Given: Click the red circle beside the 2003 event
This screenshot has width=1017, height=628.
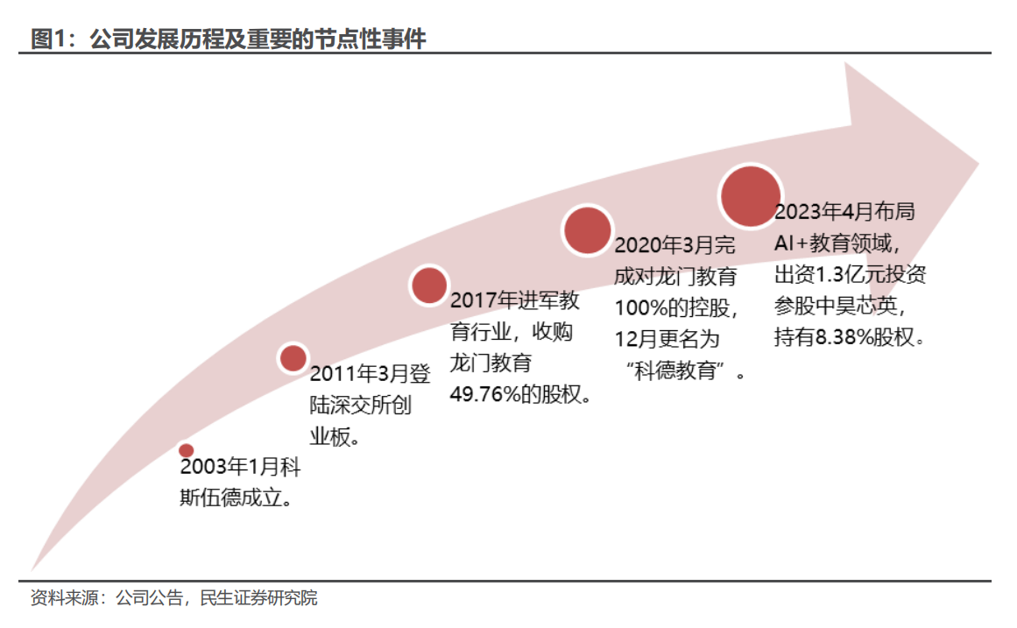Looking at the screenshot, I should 186,450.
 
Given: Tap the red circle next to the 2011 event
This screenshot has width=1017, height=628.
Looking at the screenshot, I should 293,357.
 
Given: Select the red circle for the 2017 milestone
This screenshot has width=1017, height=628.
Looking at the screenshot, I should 429,286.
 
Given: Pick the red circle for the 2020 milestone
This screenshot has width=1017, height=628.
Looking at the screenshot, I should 587,230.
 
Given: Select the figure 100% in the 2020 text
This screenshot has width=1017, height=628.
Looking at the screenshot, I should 641,307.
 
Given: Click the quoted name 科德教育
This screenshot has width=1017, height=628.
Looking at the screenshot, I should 682,371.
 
